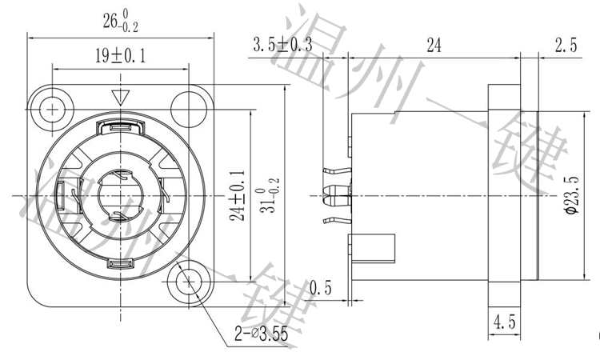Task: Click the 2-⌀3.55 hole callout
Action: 261,334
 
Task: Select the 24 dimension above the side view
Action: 434,46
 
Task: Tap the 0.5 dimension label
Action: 322,286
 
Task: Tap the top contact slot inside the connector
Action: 122,126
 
